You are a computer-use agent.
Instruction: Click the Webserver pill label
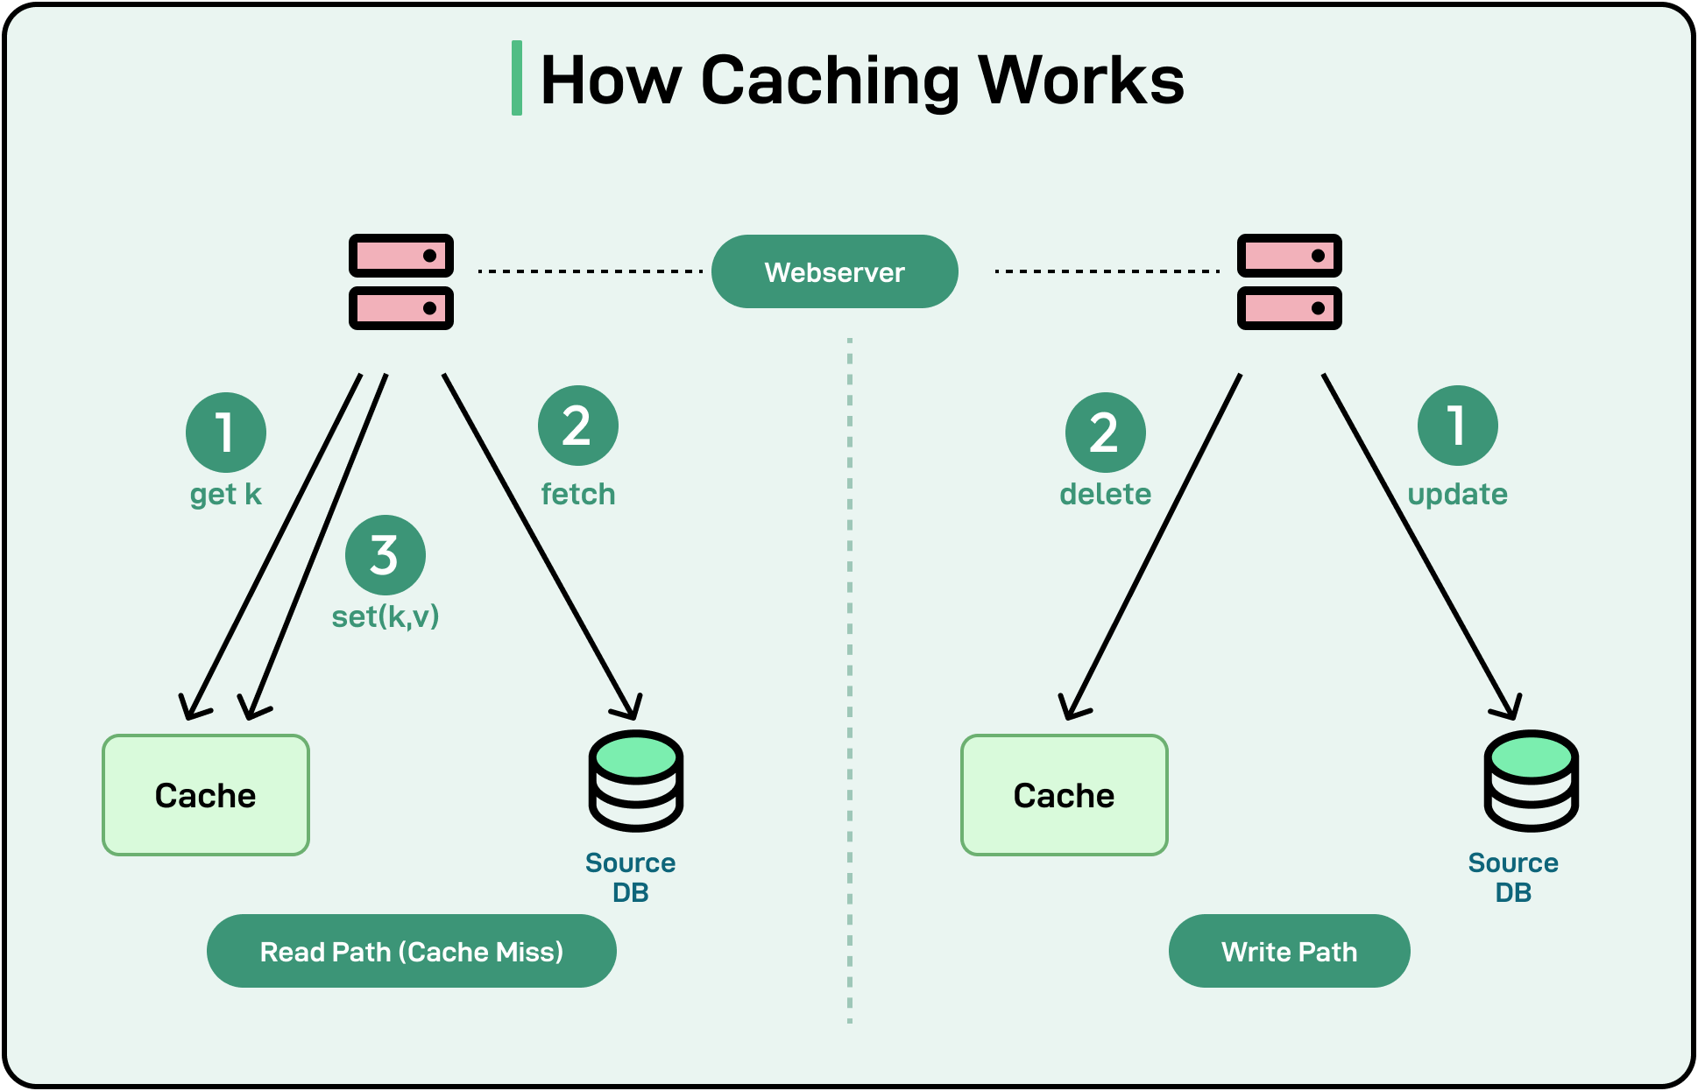click(x=834, y=271)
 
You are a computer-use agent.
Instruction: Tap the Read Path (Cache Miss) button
click(x=411, y=951)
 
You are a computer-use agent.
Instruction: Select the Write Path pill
click(x=1289, y=951)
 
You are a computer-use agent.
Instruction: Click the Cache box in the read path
click(x=206, y=795)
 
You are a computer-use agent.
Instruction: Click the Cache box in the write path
click(x=1064, y=795)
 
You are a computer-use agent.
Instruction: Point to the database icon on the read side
click(x=635, y=780)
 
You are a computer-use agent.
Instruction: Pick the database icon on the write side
click(x=1531, y=780)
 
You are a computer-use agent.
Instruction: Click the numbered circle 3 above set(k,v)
click(x=385, y=555)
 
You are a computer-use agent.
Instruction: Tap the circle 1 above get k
click(x=225, y=433)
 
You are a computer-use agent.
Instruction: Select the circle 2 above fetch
click(x=577, y=426)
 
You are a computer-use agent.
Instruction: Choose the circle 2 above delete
click(x=1105, y=433)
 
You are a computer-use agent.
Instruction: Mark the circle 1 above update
click(x=1457, y=426)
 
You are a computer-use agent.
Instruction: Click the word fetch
click(x=577, y=495)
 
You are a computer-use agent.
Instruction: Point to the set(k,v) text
click(x=385, y=616)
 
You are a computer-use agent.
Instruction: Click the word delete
click(x=1105, y=495)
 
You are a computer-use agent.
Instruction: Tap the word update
click(x=1457, y=495)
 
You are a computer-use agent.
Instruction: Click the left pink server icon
click(x=401, y=282)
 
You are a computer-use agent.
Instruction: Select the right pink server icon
click(x=1289, y=282)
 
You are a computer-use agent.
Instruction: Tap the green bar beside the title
click(x=517, y=78)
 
